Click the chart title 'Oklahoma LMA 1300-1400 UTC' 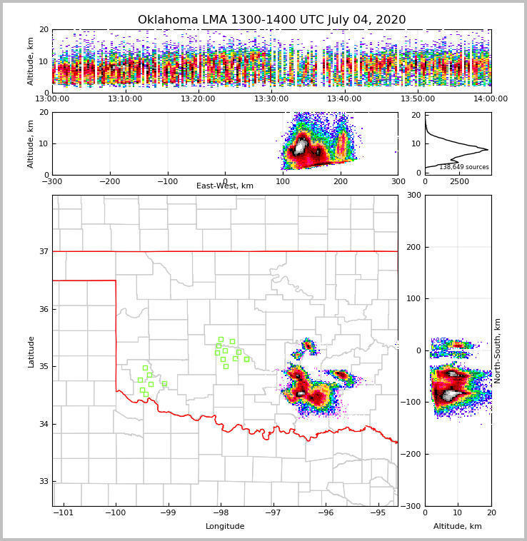[271, 20]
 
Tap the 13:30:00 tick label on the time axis [271, 99]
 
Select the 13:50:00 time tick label [418, 99]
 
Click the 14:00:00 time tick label [491, 99]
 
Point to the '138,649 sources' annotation [464, 167]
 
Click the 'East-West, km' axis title [225, 186]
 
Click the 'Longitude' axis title [225, 527]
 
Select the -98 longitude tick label [220, 513]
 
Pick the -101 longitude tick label [64, 513]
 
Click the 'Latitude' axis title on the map [31, 351]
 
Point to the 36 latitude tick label [44, 309]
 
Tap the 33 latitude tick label [44, 482]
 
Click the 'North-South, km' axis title [498, 350]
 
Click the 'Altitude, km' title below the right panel [458, 527]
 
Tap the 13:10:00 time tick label [125, 99]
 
